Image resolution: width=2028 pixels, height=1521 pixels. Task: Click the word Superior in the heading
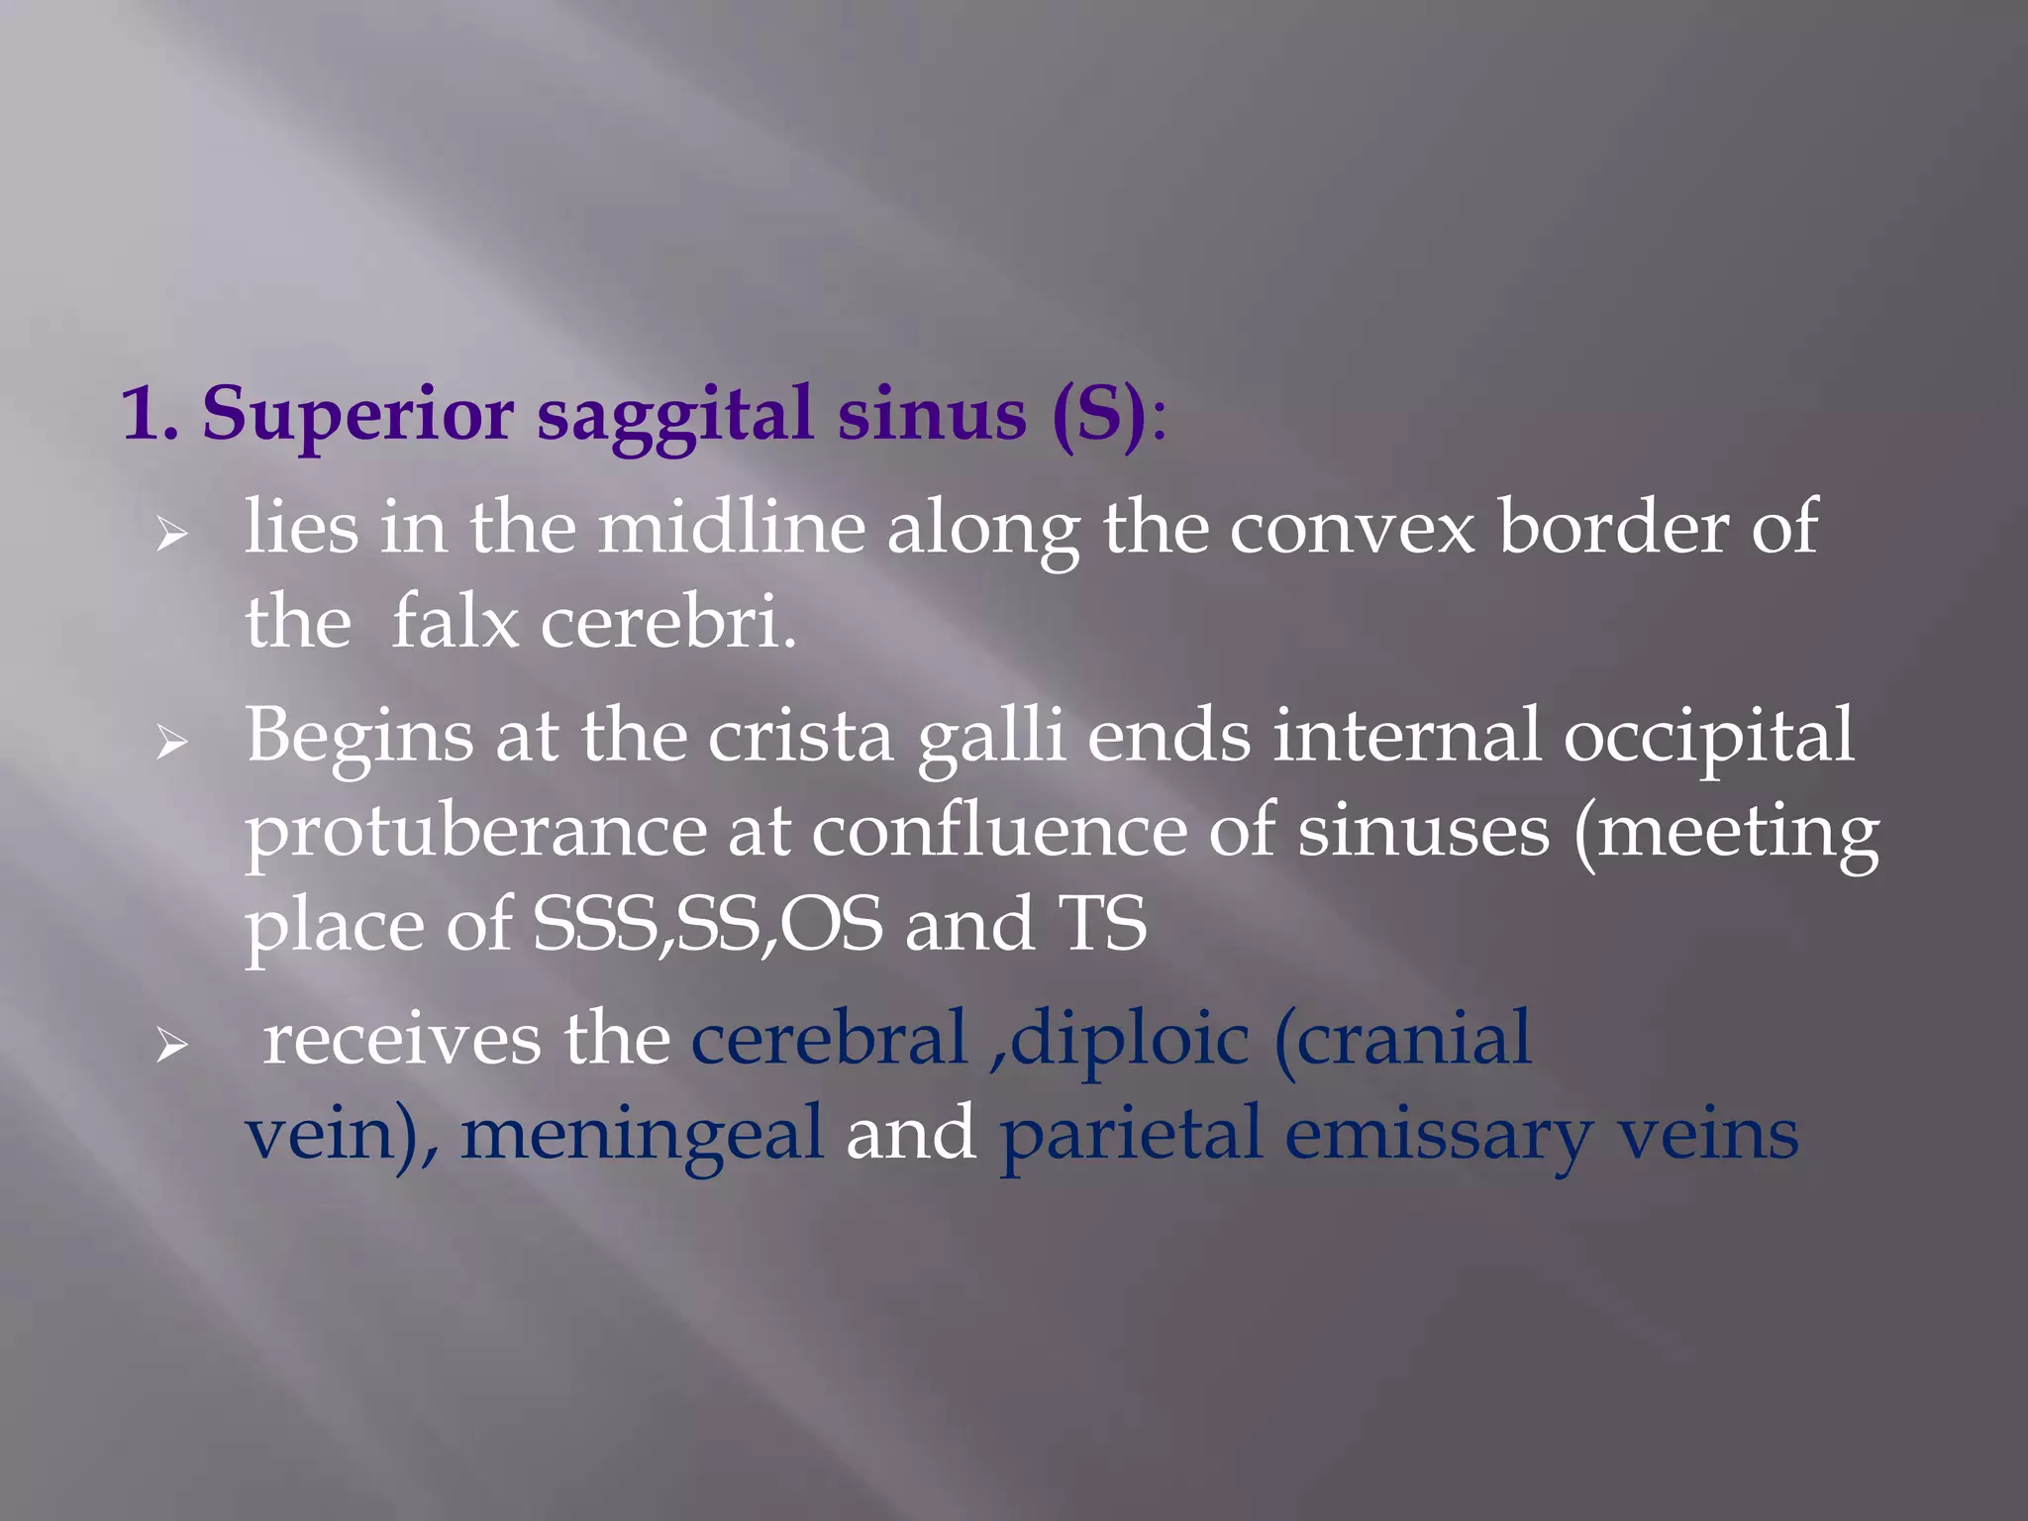pyautogui.click(x=357, y=416)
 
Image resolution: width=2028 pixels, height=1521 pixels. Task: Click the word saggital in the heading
pyautogui.click(x=673, y=416)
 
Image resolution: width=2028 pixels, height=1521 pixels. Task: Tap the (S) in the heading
pyautogui.click(x=1099, y=416)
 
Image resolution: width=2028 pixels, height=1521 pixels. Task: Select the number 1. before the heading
pyautogui.click(x=151, y=416)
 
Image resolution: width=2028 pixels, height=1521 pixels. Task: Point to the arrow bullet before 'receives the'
pyautogui.click(x=171, y=1046)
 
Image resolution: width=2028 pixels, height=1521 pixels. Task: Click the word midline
pyautogui.click(x=731, y=529)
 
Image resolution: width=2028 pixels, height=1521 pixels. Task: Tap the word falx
pyautogui.click(x=455, y=624)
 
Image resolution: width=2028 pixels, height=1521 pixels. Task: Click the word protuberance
pyautogui.click(x=475, y=832)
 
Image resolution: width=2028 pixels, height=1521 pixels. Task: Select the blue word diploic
pyautogui.click(x=1129, y=1040)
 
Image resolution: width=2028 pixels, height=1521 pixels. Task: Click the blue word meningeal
pyautogui.click(x=642, y=1135)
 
